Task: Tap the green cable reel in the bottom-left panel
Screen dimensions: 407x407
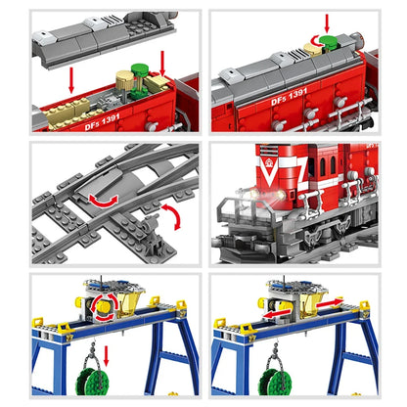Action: point(84,377)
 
